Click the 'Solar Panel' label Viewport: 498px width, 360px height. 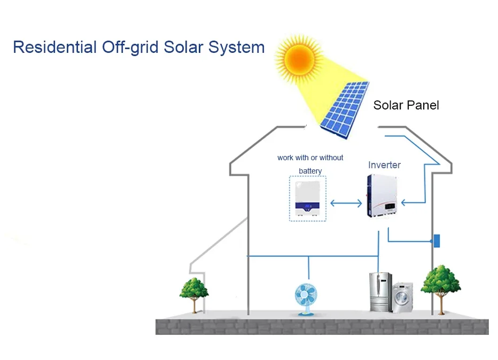(x=406, y=105)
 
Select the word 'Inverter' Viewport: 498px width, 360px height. (x=384, y=165)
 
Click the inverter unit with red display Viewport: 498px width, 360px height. (x=383, y=197)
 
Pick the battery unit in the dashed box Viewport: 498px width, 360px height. (x=307, y=199)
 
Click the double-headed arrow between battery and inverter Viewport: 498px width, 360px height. (x=346, y=203)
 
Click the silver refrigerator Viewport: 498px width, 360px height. (x=380, y=292)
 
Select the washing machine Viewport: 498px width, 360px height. (x=402, y=298)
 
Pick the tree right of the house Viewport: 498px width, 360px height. (x=441, y=286)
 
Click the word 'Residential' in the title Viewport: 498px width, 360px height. (x=54, y=47)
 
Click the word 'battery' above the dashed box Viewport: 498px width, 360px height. (x=310, y=171)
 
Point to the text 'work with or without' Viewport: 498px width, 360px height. (x=310, y=158)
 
